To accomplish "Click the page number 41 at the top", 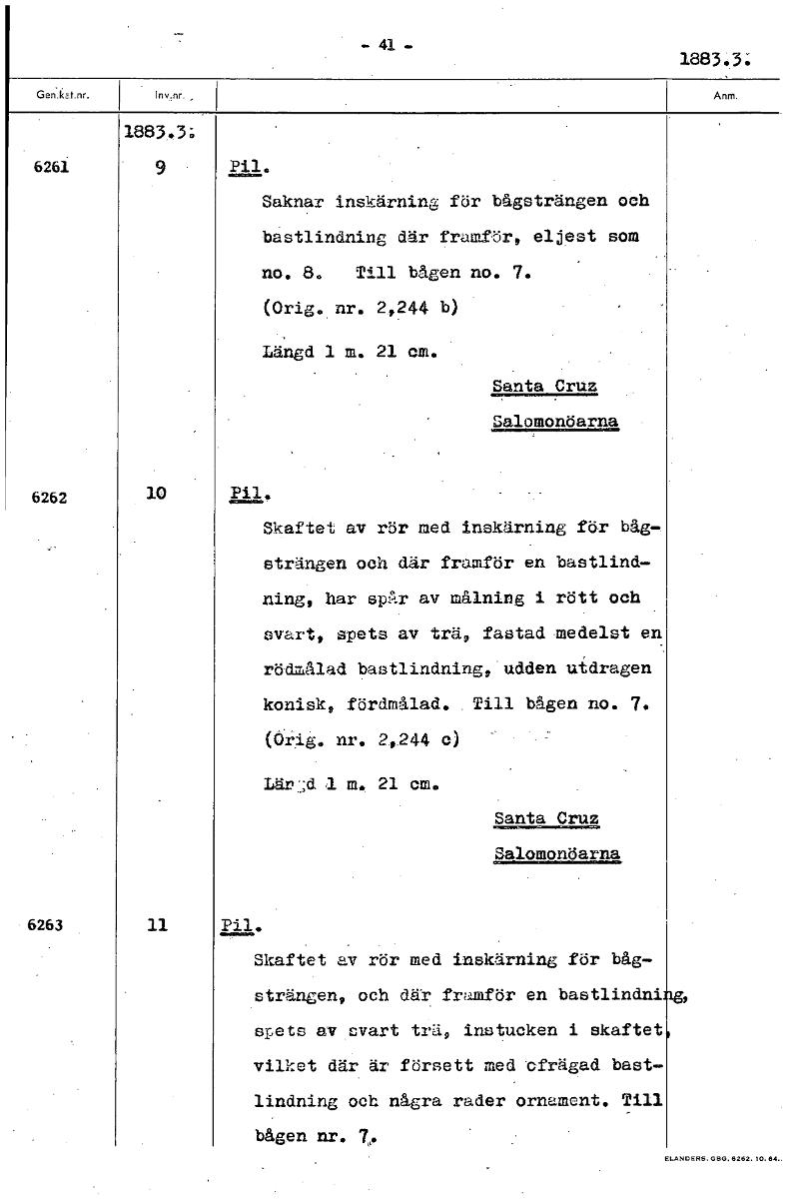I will (x=389, y=44).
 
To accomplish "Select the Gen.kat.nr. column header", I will (x=63, y=98).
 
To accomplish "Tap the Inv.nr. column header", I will (x=165, y=98).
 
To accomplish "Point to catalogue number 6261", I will (x=49, y=167).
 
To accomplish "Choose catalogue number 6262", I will (x=49, y=497).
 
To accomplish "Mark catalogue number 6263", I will (x=46, y=925).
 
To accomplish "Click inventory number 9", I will (x=160, y=168).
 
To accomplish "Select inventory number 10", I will (x=156, y=494).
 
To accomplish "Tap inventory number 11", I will (x=156, y=925).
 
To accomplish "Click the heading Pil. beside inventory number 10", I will (x=246, y=494).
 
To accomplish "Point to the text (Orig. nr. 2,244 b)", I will (x=360, y=308).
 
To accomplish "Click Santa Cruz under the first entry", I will (x=545, y=386).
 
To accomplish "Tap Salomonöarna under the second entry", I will (x=556, y=854).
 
